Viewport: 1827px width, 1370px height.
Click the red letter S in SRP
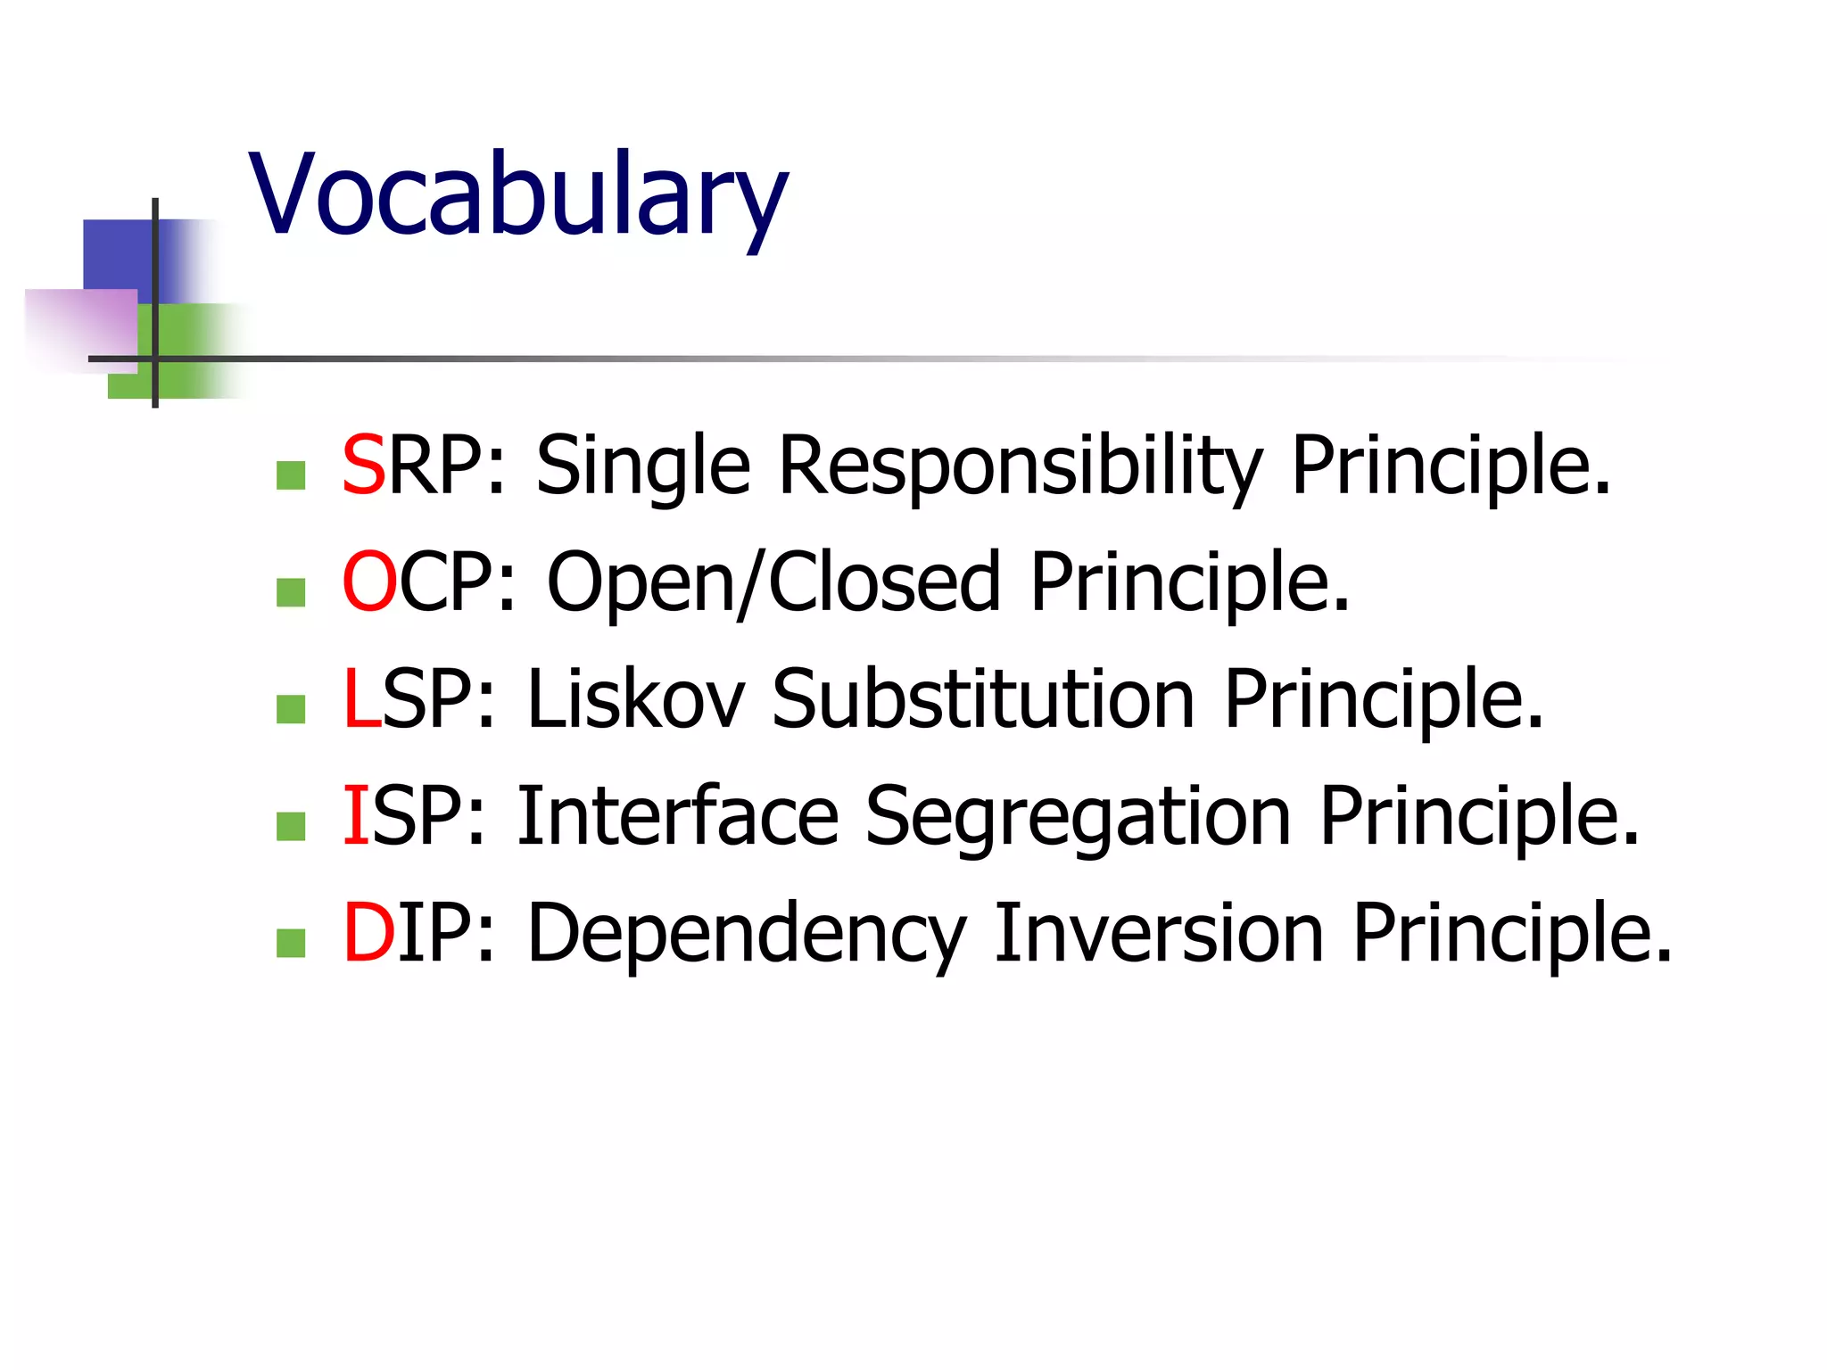click(363, 466)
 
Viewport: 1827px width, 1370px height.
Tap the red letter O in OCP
click(368, 582)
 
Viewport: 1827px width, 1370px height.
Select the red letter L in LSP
click(360, 699)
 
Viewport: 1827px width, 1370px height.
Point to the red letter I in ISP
click(355, 816)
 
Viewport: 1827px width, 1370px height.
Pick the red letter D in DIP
click(368, 933)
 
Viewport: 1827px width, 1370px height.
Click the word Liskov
click(635, 699)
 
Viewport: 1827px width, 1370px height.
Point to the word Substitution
click(982, 699)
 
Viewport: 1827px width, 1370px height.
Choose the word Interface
click(678, 816)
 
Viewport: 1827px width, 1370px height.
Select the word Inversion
click(1158, 933)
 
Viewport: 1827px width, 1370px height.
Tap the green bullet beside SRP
click(291, 475)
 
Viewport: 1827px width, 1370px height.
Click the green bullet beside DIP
click(291, 943)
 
